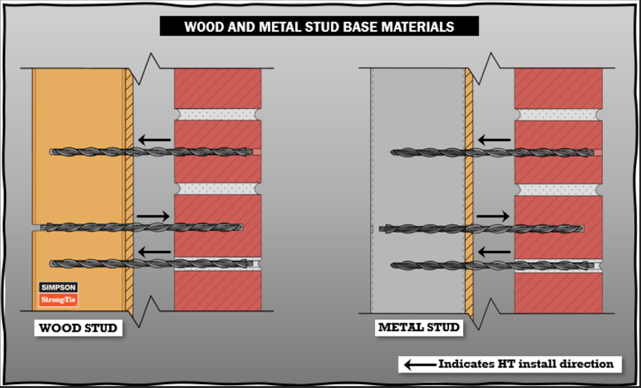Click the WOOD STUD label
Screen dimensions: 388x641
coord(78,328)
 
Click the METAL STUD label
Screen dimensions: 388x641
coord(418,327)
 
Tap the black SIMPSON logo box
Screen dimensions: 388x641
coord(58,288)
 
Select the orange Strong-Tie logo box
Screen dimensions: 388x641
coord(58,301)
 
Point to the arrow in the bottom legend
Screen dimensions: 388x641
coord(418,364)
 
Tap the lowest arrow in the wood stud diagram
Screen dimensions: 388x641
coord(155,252)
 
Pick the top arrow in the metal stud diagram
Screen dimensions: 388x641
coord(494,141)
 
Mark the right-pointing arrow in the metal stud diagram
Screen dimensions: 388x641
coord(493,216)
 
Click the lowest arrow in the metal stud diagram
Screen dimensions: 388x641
coord(494,252)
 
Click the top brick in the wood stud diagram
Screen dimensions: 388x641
coord(218,88)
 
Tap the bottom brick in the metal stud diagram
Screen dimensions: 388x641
coord(559,292)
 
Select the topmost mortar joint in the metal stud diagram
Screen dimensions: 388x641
coord(559,115)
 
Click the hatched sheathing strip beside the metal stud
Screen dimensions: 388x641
coord(469,190)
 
